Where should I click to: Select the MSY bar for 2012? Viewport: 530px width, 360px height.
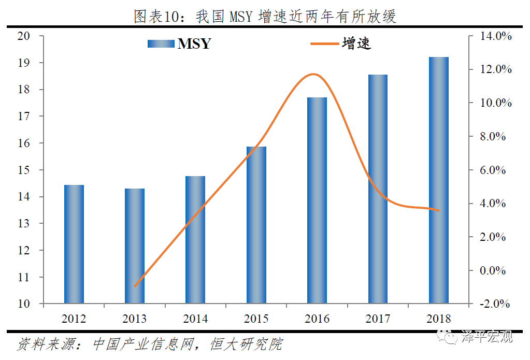point(74,244)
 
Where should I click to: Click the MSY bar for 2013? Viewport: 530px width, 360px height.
point(135,246)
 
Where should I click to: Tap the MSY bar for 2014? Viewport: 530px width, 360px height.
point(195,240)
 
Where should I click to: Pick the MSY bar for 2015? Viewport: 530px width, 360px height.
point(256,225)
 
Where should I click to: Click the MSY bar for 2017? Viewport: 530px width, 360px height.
point(378,189)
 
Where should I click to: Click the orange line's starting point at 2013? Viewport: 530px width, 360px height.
point(135,286)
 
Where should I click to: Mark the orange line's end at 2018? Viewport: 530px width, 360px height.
point(438,210)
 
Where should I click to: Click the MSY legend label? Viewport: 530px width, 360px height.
point(194,44)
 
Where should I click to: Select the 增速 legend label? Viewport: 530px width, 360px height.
point(356,44)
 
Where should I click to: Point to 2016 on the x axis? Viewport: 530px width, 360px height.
point(317,319)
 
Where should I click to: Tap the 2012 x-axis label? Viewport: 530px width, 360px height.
point(74,319)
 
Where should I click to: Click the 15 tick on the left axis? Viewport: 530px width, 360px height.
point(24,170)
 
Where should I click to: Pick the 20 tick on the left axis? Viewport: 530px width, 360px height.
point(24,36)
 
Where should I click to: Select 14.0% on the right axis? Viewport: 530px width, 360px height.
point(496,36)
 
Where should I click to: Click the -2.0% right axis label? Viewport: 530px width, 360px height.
point(496,304)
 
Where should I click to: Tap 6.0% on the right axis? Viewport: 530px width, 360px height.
point(496,170)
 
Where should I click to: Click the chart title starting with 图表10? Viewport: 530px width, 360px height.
point(265,17)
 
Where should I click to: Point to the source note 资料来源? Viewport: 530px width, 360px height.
point(150,344)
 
